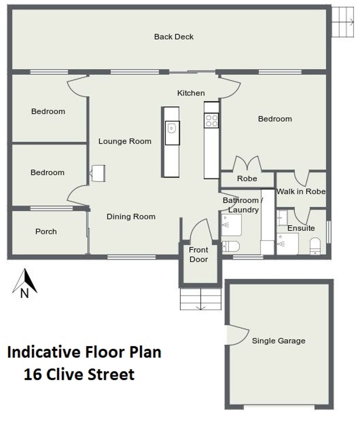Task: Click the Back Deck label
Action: click(174, 37)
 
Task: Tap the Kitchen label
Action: click(191, 93)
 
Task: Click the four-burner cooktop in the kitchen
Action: click(211, 120)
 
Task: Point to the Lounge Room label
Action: click(125, 142)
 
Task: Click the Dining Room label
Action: click(131, 217)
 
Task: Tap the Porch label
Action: click(46, 231)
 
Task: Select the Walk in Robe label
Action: click(301, 192)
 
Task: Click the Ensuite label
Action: click(301, 228)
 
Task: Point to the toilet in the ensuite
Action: click(315, 246)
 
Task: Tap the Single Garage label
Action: click(278, 341)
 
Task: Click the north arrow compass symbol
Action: click(24, 283)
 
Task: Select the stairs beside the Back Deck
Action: click(342, 22)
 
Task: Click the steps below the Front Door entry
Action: click(200, 299)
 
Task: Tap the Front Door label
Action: click(199, 255)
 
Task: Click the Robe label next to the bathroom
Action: click(247, 179)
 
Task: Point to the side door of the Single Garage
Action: click(238, 335)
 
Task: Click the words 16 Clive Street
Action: click(79, 375)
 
